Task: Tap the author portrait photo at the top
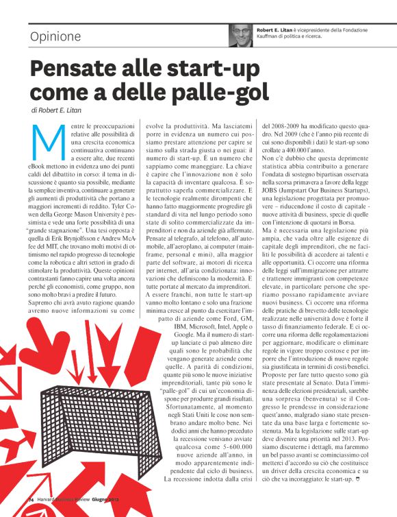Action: click(242, 34)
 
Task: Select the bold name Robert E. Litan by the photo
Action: click(279, 30)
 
